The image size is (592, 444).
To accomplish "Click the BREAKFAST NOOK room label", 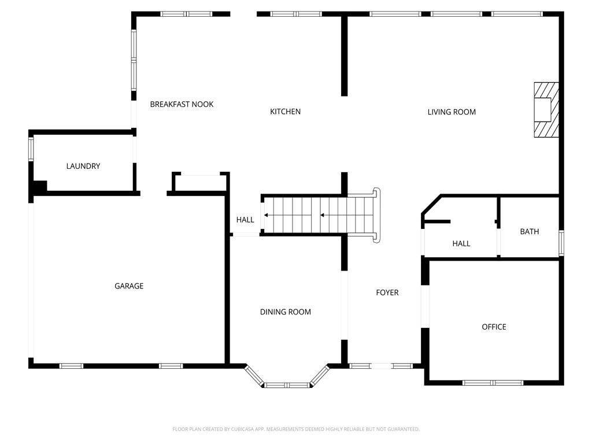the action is tap(182, 104).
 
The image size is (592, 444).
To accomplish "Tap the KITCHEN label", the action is tap(286, 112).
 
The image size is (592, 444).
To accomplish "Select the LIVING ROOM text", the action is tap(452, 112).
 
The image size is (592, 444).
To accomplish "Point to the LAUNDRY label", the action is tap(83, 166).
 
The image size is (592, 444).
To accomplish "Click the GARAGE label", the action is tap(129, 286).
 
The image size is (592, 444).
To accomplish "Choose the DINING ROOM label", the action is tap(286, 312).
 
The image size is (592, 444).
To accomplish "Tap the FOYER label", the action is tap(387, 293).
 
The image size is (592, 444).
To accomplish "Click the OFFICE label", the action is tap(494, 327).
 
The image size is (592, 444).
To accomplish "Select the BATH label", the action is tap(530, 232).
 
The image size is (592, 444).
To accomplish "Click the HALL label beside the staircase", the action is tap(245, 220).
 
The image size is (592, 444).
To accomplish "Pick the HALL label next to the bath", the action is tap(461, 243).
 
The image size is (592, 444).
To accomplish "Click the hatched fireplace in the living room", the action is tap(546, 109).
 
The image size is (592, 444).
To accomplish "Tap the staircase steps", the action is tap(319, 215).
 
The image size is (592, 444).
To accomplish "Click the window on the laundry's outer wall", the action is tap(31, 149).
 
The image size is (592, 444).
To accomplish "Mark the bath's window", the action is tap(561, 243).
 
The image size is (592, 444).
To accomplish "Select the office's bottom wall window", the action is tap(493, 383).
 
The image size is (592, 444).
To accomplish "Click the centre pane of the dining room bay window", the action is tap(287, 385).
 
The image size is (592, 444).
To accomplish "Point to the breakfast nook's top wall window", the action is tap(186, 14).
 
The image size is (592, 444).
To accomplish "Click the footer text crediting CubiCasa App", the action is tap(296, 430).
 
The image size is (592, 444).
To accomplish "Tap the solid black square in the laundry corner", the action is tap(40, 187).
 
